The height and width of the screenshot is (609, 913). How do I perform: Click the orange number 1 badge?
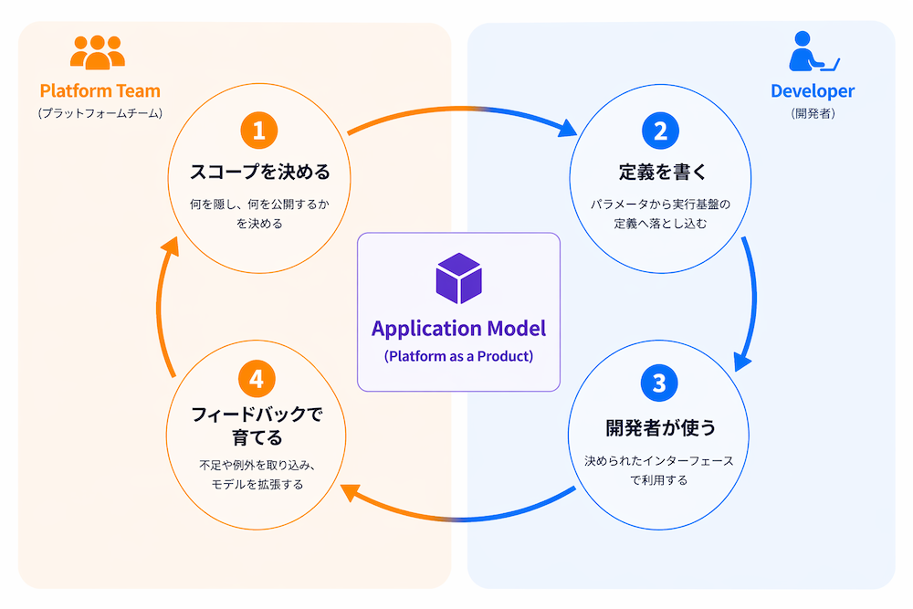[x=259, y=131]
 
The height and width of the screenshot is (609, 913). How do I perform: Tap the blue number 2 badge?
[x=660, y=131]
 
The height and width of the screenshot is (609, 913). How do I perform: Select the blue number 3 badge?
[x=659, y=383]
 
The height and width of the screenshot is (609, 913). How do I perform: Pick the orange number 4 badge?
[x=257, y=379]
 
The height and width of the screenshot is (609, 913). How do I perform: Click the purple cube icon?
[x=459, y=278]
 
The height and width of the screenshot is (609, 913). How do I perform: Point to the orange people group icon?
[x=98, y=52]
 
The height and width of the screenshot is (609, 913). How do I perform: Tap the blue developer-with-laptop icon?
[x=813, y=51]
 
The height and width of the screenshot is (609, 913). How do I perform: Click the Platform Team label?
[x=100, y=90]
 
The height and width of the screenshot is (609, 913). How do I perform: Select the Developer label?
[x=813, y=90]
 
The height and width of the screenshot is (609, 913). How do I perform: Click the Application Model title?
[x=459, y=329]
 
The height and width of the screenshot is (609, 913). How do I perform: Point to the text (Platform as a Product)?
[x=459, y=356]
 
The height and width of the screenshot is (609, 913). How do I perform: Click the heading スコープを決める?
[x=259, y=172]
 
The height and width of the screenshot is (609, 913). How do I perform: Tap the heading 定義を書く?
[x=662, y=172]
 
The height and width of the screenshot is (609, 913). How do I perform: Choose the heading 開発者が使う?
[x=660, y=427]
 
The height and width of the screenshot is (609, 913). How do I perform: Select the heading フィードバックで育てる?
[x=257, y=425]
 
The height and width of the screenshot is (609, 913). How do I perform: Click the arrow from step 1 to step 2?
[x=460, y=110]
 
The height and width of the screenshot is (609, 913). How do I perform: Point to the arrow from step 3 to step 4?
[x=459, y=519]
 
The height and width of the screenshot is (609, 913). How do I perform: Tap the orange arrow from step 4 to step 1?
[x=158, y=308]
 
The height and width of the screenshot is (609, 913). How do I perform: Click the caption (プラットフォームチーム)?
[x=100, y=113]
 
